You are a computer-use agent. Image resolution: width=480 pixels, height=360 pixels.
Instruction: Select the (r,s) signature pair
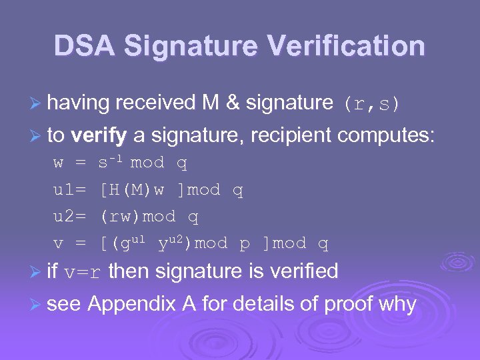[371, 103]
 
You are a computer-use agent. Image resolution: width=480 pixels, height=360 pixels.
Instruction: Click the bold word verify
[98, 137]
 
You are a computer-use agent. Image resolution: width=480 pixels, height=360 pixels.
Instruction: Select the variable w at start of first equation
[59, 163]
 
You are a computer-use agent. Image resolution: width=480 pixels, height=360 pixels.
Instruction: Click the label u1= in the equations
[69, 190]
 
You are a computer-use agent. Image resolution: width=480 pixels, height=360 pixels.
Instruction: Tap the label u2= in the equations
[69, 217]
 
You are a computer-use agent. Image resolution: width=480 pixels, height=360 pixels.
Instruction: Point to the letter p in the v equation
[245, 244]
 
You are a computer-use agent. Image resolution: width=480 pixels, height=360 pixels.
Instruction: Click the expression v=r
[84, 272]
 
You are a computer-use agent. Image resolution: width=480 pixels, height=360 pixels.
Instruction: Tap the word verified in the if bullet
[301, 271]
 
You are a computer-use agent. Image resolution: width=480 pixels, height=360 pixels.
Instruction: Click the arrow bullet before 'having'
[39, 103]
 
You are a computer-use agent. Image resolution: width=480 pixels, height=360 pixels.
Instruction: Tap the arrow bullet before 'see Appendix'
[39, 305]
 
